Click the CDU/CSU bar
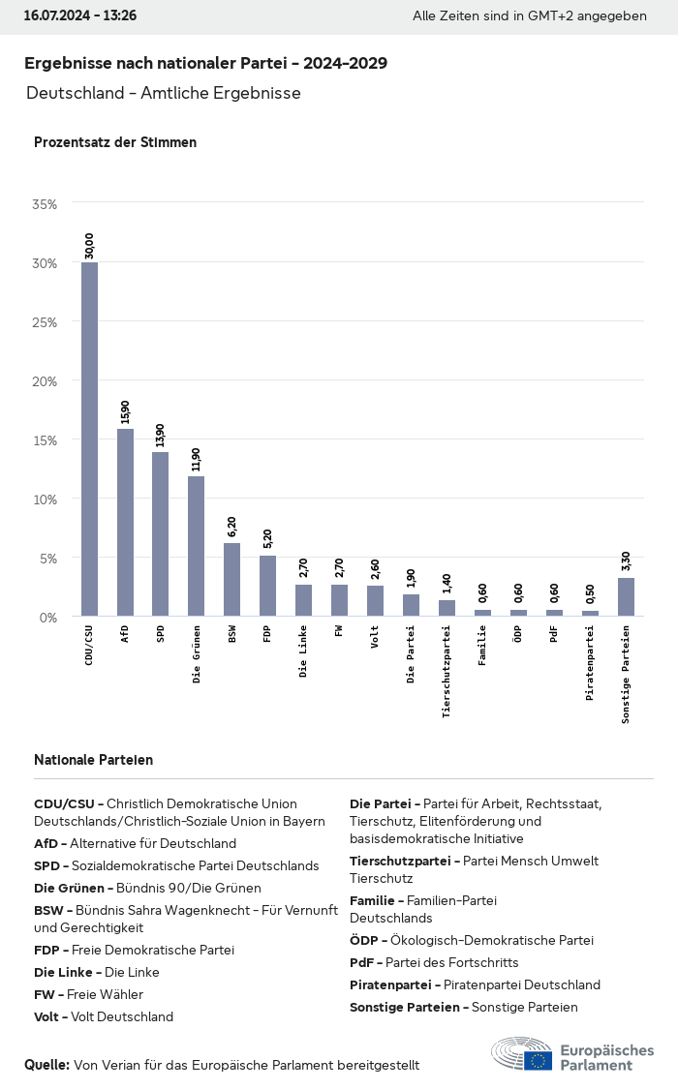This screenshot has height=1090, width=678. tap(89, 439)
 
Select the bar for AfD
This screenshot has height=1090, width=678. tap(125, 522)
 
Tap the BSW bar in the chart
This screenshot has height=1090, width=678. tap(231, 579)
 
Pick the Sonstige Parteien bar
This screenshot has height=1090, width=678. tap(626, 596)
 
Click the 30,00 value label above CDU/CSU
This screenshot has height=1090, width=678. tap(90, 246)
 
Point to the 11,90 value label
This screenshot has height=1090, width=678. tap(197, 459)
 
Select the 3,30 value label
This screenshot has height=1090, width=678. tap(626, 561)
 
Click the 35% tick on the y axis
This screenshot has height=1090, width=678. tap(46, 204)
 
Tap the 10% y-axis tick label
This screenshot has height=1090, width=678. tap(46, 499)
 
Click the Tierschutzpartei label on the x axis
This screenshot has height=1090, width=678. tap(447, 670)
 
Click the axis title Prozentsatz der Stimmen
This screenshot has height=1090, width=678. tap(115, 142)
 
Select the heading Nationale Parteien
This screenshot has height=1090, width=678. tap(93, 760)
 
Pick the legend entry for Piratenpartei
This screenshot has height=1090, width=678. tap(475, 984)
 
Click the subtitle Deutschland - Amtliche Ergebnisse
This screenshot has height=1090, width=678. tap(164, 93)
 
